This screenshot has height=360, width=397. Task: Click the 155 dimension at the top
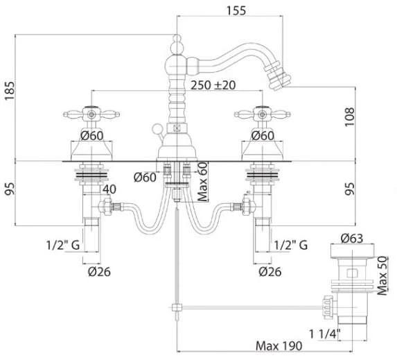[236, 10]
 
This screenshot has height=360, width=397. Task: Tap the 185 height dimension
[10, 91]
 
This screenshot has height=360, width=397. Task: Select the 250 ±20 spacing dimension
[213, 85]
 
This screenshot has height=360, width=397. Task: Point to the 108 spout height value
[350, 117]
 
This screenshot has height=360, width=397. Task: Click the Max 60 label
[202, 182]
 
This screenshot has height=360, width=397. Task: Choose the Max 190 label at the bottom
[279, 346]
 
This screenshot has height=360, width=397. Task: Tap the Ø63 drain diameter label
[352, 239]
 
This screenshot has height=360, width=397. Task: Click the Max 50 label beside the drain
[382, 276]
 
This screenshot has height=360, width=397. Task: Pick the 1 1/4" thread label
[325, 334]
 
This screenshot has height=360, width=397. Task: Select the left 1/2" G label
[63, 245]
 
